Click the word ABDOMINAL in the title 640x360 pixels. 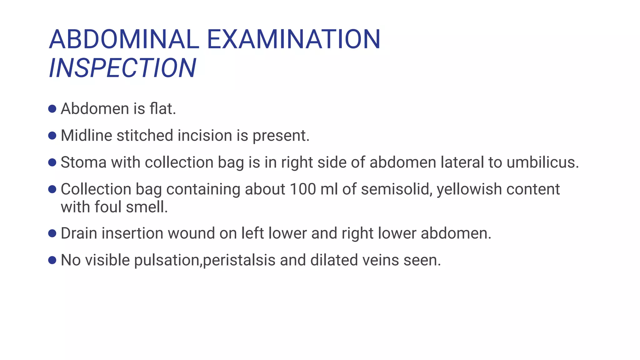(x=124, y=39)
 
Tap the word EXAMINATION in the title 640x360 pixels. (x=293, y=39)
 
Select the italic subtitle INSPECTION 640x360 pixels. (x=122, y=68)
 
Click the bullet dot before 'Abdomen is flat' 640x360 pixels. (x=52, y=109)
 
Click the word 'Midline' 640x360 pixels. (x=86, y=136)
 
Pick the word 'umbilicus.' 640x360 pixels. (x=543, y=162)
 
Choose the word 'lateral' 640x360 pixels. (x=462, y=162)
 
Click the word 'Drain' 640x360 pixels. (x=79, y=233)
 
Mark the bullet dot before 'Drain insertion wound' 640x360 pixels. (x=52, y=233)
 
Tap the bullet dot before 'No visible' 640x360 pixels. (x=52, y=260)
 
